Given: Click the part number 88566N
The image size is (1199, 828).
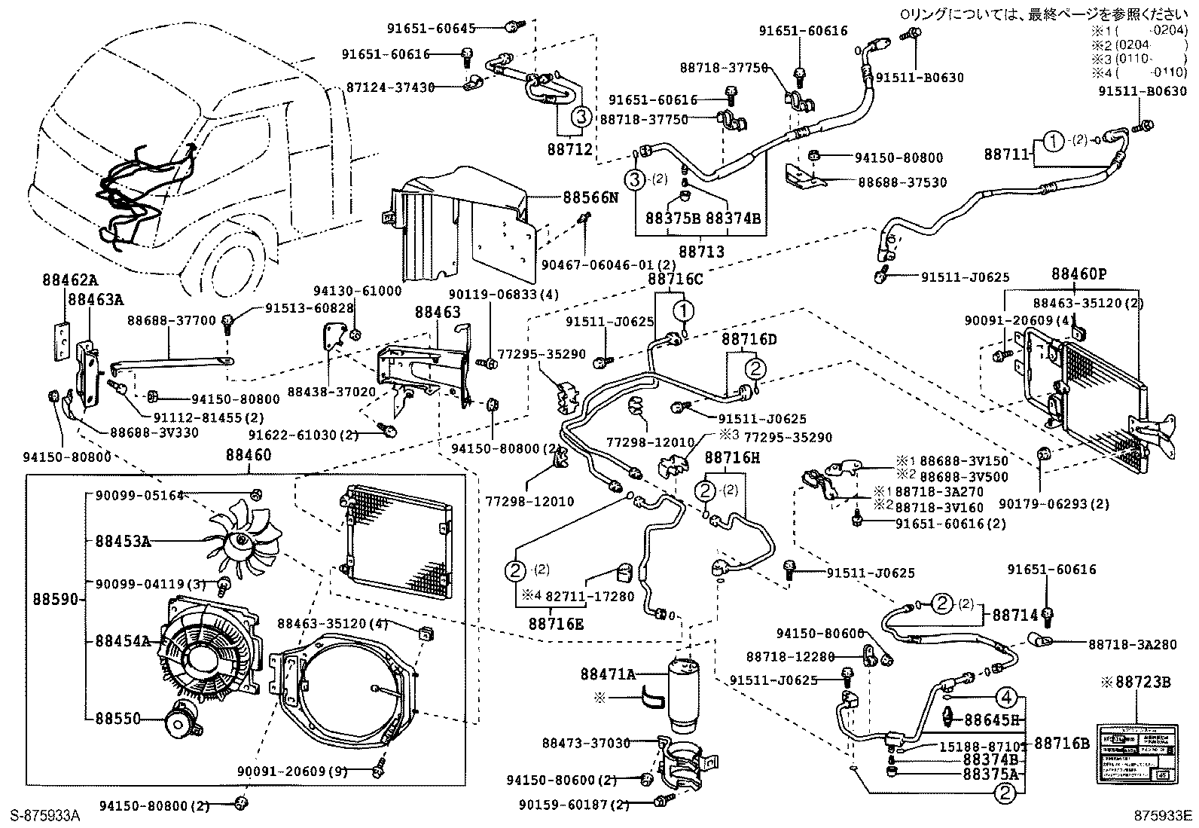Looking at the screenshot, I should coord(590,197).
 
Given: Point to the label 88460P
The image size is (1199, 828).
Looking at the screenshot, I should coord(1079,274).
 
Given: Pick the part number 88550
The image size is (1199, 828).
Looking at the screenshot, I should coord(117,719).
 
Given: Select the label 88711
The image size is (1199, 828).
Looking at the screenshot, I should coord(1005,154).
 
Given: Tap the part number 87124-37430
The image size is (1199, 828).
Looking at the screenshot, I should coord(390,87).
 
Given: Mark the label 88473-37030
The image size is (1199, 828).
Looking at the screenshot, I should coord(586,743).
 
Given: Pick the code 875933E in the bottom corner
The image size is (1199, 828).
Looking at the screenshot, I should coord(1164,815).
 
